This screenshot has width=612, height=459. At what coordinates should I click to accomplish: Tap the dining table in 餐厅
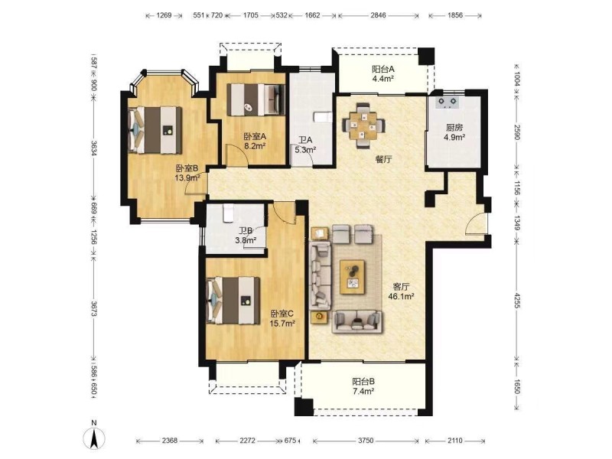pos(364,125)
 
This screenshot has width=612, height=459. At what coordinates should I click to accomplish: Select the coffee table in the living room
pos(353,277)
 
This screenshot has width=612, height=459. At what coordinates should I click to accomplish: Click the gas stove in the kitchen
pos(448,102)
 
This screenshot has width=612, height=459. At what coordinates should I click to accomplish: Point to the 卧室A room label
pos(255,137)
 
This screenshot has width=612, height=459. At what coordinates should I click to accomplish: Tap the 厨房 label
pos(454,128)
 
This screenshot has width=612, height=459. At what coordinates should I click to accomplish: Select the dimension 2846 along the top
pos(378,15)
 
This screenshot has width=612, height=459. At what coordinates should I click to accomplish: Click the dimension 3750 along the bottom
pos(366,441)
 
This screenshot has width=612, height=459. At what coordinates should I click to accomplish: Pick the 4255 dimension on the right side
pos(517,301)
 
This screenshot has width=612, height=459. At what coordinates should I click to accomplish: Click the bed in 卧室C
pos(233,300)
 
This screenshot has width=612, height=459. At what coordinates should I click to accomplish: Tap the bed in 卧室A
pos(256,99)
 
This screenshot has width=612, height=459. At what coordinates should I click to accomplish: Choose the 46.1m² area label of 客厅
pos(401,296)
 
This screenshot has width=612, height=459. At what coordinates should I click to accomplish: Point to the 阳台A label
pos(383,70)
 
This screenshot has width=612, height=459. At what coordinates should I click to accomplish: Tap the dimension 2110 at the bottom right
pos(455,441)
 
